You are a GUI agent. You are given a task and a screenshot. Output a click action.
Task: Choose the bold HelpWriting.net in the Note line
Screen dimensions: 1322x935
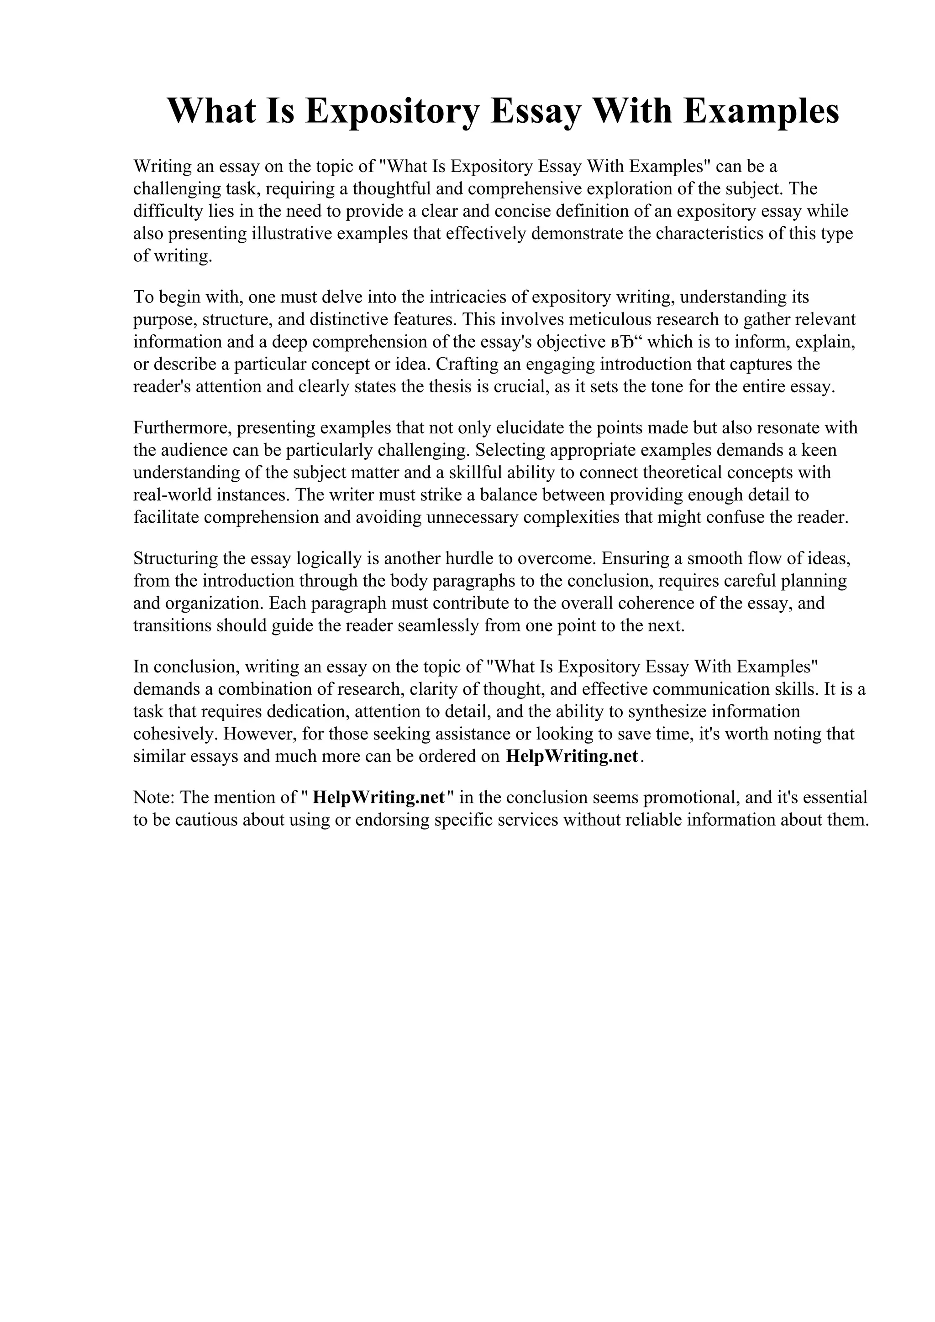(x=378, y=798)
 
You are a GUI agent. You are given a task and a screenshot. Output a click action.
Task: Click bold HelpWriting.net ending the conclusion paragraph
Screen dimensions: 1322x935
(x=572, y=757)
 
